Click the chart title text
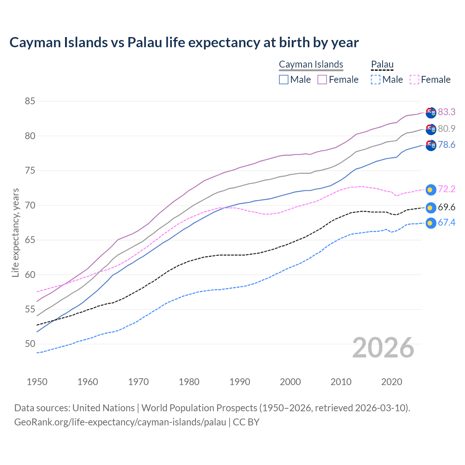pos(184,43)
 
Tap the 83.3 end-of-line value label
pos(446,112)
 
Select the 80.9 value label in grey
pos(446,129)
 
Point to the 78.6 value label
pos(446,145)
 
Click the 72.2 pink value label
pos(446,189)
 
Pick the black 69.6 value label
pos(446,207)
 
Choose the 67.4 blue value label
pos(446,223)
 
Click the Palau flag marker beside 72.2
pos(430,190)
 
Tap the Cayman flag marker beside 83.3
pos(430,113)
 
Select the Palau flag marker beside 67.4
pos(430,223)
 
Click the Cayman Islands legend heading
pos(311,64)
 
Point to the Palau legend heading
pos(382,64)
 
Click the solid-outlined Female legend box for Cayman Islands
pos(322,80)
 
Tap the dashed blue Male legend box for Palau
pos(376,80)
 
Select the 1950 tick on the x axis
pos(37,382)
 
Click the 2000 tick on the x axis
pos(290,382)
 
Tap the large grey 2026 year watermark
pos(383,348)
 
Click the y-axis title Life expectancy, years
pos(16,232)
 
